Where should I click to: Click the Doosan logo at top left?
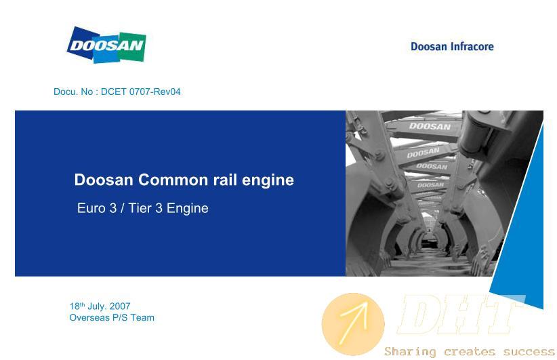click(106, 45)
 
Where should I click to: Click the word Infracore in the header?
click(472, 47)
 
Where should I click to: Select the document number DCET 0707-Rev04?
click(141, 92)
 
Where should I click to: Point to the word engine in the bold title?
click(268, 181)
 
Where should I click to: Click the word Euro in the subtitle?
click(91, 208)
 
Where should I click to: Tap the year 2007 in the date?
click(120, 306)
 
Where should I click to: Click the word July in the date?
click(97, 306)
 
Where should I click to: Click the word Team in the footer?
click(142, 318)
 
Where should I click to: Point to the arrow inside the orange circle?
click(354, 323)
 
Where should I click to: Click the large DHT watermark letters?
click(461, 315)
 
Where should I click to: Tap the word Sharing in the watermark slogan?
click(410, 352)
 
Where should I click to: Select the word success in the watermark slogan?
click(529, 352)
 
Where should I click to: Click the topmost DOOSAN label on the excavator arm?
click(430, 126)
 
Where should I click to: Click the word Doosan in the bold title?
click(104, 180)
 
